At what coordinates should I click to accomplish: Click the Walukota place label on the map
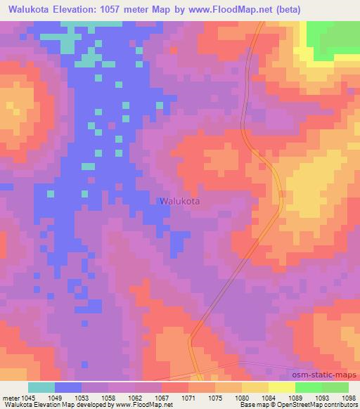click(x=179, y=201)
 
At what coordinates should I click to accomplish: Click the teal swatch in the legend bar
click(x=41, y=387)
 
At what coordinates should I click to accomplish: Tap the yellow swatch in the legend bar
click(x=281, y=387)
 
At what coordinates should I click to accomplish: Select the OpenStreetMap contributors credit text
click(x=317, y=405)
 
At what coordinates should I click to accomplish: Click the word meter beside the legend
click(x=8, y=398)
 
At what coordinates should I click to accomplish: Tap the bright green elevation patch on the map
click(x=331, y=39)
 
